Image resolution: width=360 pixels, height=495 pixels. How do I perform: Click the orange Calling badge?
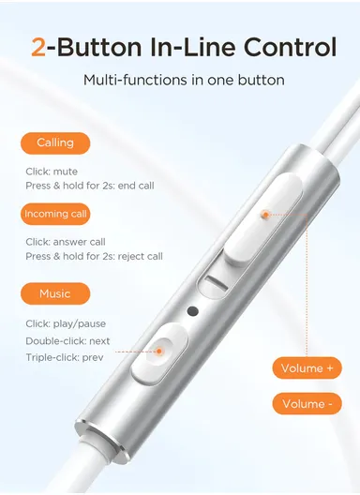(x=56, y=143)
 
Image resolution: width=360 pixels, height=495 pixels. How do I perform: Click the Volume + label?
(x=307, y=368)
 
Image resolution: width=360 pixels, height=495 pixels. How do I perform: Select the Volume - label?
(x=307, y=404)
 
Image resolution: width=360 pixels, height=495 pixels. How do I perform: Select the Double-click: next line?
(x=68, y=340)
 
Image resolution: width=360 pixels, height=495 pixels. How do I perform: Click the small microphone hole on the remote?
(x=194, y=311)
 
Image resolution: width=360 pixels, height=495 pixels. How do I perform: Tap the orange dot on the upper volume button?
(x=265, y=215)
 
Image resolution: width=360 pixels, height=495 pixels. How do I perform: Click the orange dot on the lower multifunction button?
(x=159, y=352)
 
